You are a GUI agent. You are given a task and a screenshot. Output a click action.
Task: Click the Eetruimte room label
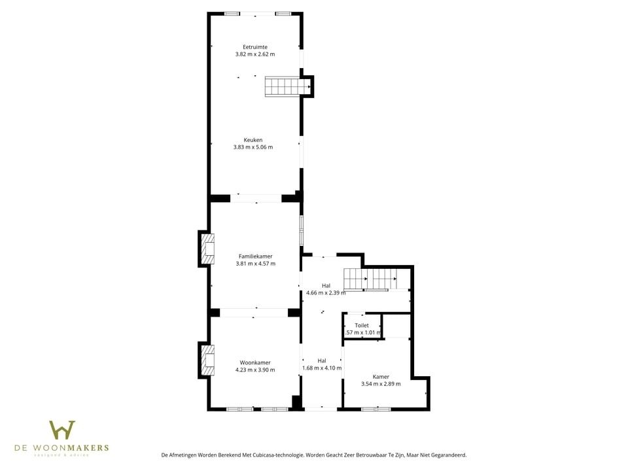pos(254,47)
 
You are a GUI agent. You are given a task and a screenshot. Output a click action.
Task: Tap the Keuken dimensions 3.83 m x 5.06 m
pos(253,147)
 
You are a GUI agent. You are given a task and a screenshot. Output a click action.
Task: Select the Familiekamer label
pos(255,256)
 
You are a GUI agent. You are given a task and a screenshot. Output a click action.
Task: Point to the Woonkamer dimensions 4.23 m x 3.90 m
pos(255,370)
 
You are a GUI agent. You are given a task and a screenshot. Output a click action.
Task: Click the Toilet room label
pos(362,325)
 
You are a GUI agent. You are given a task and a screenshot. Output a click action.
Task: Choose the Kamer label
pos(381,377)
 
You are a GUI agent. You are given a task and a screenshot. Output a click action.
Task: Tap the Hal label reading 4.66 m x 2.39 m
pos(326,286)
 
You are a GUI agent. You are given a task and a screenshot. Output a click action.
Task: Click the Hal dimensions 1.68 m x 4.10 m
pos(322,368)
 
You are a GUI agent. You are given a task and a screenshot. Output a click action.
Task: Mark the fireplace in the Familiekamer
pos(207,249)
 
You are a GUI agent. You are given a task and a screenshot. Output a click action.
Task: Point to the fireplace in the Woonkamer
pos(207,360)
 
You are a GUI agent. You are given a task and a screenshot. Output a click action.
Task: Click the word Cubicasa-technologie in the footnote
pos(268,455)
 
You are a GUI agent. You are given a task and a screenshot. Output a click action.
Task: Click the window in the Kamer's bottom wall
pos(376,409)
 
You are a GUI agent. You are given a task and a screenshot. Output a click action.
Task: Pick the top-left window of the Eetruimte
pos(232,14)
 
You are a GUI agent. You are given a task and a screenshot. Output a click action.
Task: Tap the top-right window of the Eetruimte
pos(283,14)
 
